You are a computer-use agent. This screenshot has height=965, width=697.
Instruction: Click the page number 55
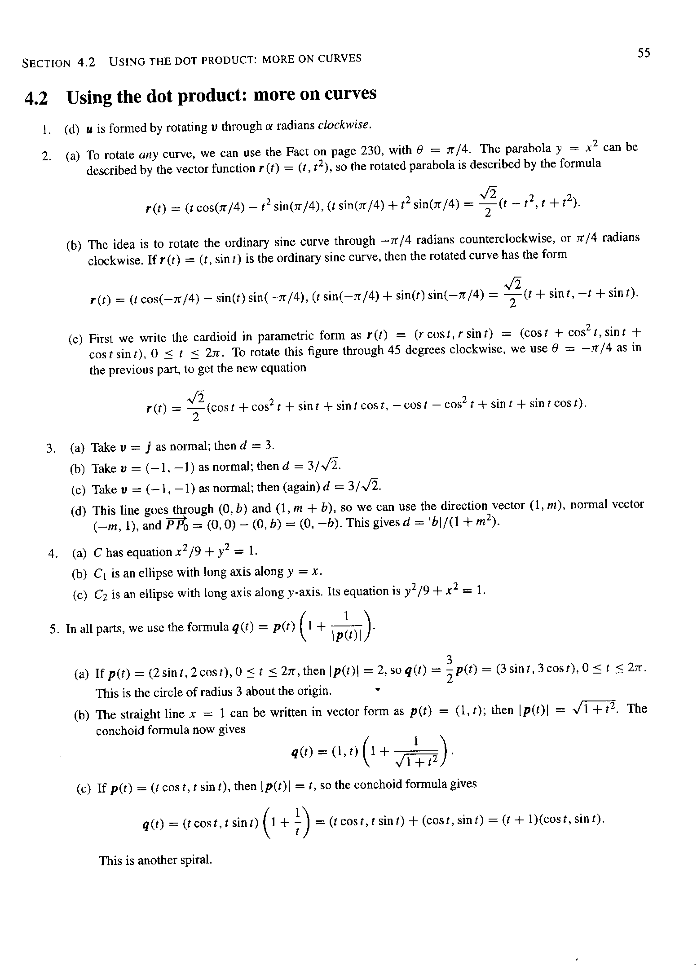point(644,53)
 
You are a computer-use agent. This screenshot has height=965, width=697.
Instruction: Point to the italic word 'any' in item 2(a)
point(147,155)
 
